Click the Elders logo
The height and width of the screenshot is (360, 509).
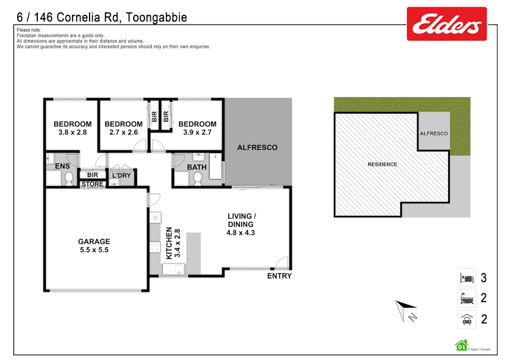pyautogui.click(x=446, y=23)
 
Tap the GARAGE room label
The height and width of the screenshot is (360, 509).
pyautogui.click(x=94, y=241)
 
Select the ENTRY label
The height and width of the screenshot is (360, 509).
pyautogui.click(x=279, y=276)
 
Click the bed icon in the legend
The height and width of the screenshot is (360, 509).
pyautogui.click(x=466, y=278)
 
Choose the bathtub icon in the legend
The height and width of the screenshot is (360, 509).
pyautogui.click(x=466, y=298)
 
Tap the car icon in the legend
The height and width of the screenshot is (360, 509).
pyautogui.click(x=466, y=319)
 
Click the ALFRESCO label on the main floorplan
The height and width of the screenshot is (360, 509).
pyautogui.click(x=257, y=147)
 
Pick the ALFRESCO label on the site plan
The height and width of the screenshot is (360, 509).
pyautogui.click(x=434, y=133)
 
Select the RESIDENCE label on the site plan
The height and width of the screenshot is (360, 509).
pyautogui.click(x=382, y=164)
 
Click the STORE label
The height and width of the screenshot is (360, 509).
pyautogui.click(x=92, y=185)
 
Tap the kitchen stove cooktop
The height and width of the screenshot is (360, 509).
pyautogui.click(x=156, y=246)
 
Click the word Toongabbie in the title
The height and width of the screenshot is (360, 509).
pyautogui.click(x=157, y=18)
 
